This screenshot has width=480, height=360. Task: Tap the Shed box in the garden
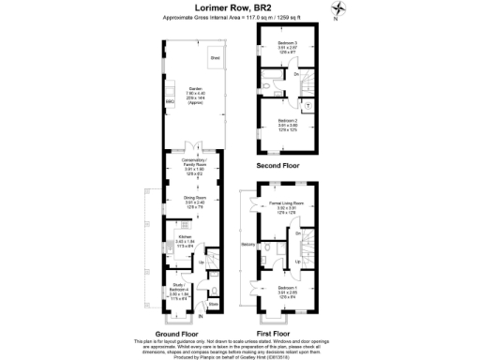(215, 58)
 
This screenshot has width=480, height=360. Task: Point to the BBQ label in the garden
(169, 101)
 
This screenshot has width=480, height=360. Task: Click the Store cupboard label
(214, 306)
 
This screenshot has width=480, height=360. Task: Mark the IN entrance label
(200, 325)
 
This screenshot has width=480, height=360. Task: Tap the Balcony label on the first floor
(247, 245)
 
